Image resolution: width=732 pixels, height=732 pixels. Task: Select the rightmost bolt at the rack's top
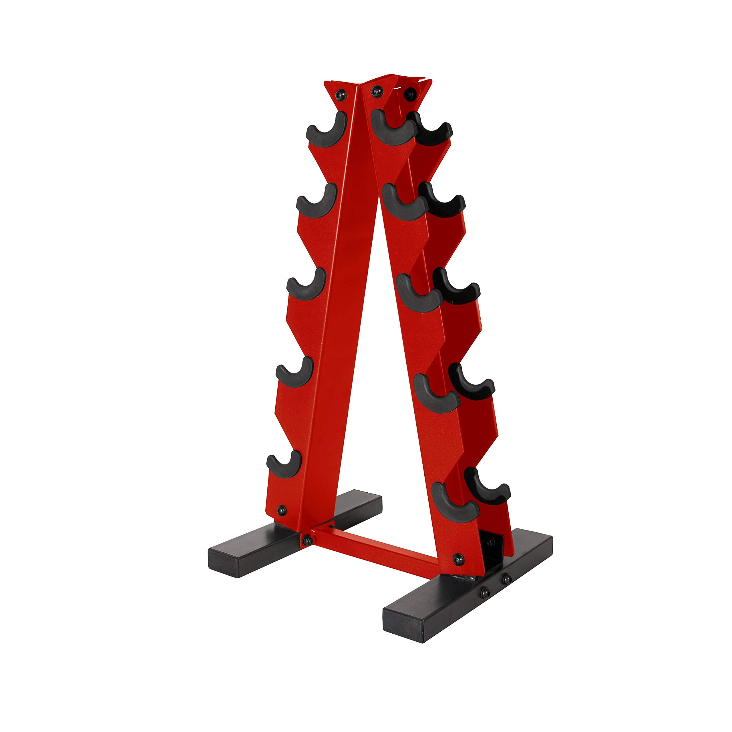[409, 93]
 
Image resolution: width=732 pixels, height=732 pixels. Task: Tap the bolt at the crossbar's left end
[308, 540]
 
